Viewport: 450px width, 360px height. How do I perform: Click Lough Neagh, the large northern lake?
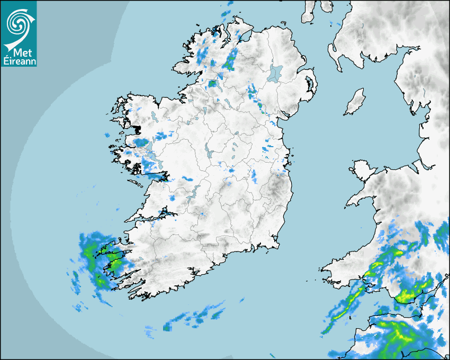pyautogui.click(x=275, y=73)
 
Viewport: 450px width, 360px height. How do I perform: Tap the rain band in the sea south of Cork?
pyautogui.click(x=193, y=317)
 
